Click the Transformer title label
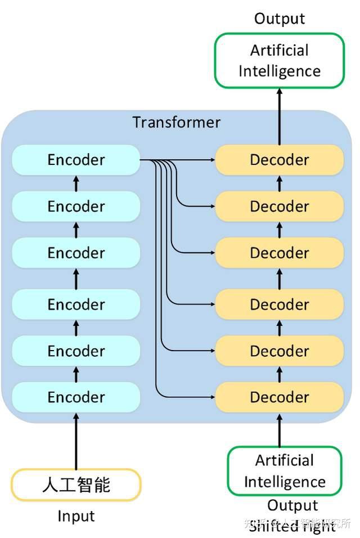(176, 122)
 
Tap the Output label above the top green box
(279, 19)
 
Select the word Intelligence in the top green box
(279, 71)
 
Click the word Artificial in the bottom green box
(284, 460)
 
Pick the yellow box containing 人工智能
(76, 485)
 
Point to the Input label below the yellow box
(76, 516)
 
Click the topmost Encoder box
(76, 160)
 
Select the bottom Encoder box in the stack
(76, 397)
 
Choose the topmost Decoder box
(279, 160)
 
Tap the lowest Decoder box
(279, 397)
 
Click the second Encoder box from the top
(76, 207)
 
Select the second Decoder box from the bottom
(279, 351)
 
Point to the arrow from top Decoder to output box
(279, 116)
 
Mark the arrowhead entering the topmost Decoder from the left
(212, 160)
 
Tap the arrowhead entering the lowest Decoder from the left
(212, 397)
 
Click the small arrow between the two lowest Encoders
(76, 374)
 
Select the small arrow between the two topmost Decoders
(279, 183)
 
